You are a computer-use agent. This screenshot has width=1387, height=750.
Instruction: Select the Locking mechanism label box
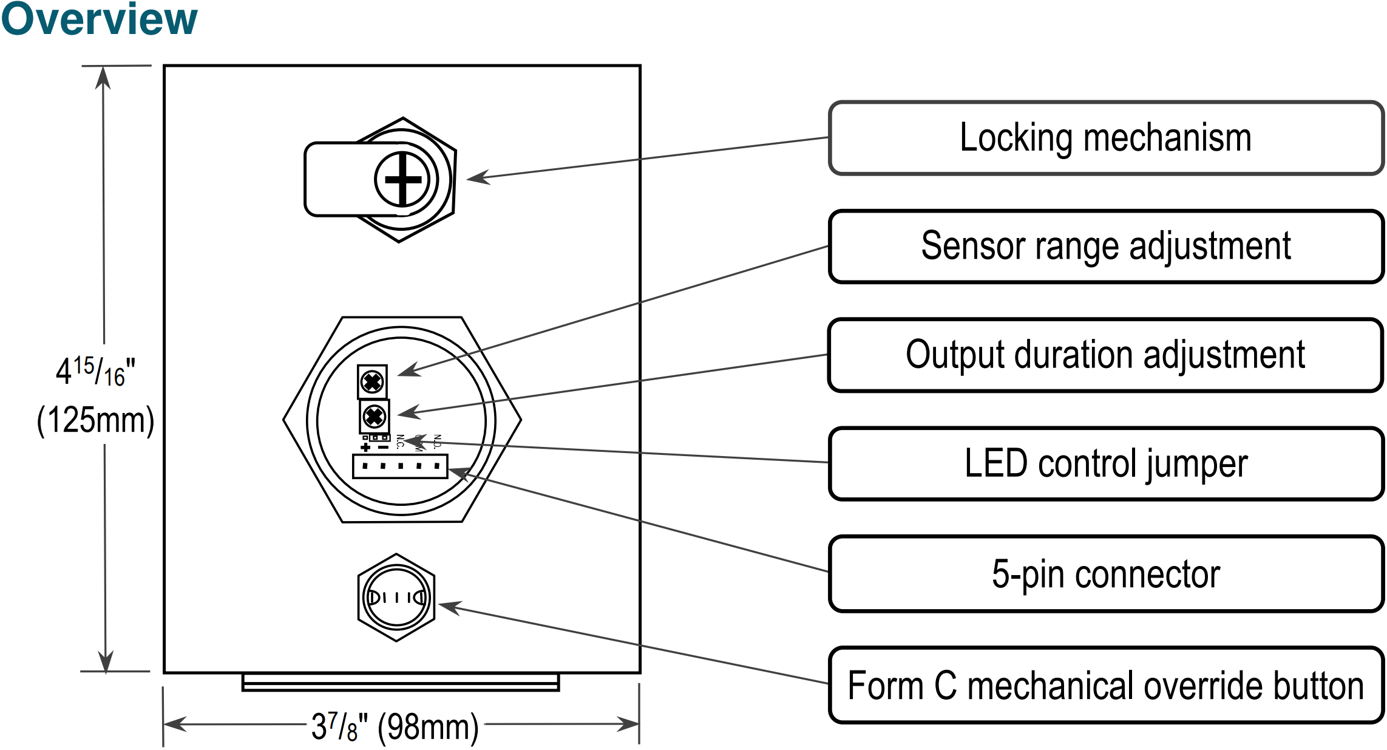tap(1105, 138)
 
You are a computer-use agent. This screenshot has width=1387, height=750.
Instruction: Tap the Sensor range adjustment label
tap(1105, 247)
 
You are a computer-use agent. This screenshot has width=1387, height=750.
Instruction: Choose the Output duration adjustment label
tap(1105, 355)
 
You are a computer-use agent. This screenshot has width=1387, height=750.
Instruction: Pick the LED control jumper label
tap(1105, 464)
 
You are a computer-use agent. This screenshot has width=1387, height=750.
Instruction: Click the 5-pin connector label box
tap(1105, 574)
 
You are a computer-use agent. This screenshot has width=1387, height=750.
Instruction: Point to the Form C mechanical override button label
tap(1105, 686)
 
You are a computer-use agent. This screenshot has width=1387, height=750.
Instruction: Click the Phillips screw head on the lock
tap(402, 179)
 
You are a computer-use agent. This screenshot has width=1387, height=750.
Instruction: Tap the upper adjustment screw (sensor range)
tap(372, 382)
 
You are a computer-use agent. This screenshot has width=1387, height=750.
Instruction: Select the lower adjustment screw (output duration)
tap(374, 417)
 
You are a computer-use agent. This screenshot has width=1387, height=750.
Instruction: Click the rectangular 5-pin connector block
tap(400, 466)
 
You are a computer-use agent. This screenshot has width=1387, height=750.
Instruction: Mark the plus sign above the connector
tap(365, 448)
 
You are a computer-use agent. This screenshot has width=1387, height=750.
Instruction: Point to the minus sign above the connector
tap(383, 448)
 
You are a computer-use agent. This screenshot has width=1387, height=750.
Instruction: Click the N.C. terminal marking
tap(400, 441)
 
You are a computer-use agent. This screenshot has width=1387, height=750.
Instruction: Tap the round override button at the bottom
tap(396, 598)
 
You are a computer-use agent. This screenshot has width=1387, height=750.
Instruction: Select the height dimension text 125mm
tap(95, 420)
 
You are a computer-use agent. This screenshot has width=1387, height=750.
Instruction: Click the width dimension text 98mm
tap(428, 727)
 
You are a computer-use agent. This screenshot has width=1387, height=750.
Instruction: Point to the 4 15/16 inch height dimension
tap(95, 371)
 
